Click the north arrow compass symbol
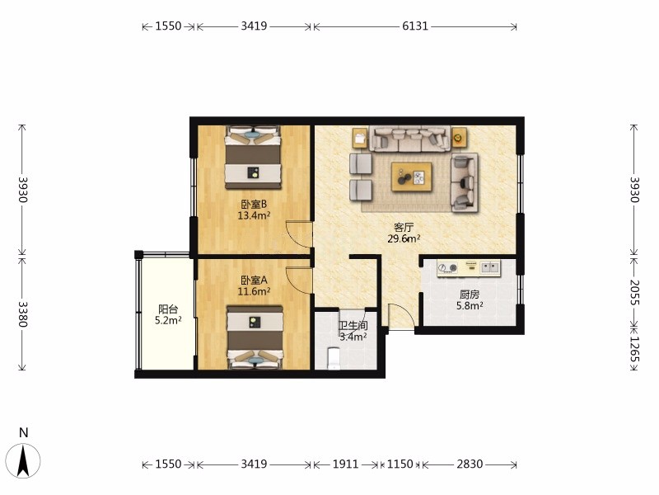24,460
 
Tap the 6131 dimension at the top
415,26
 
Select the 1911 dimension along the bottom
345,464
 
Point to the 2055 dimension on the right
634,293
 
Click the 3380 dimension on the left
23,314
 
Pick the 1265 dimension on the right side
634,349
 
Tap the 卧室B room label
254,205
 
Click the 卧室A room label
254,280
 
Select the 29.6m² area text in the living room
404,239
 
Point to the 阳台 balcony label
168,309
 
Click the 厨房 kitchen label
469,295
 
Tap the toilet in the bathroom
334,358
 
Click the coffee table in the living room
411,177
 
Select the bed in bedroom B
253,157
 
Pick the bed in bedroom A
255,337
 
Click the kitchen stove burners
447,267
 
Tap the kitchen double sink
489,266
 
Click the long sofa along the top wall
409,139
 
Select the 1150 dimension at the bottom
400,464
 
